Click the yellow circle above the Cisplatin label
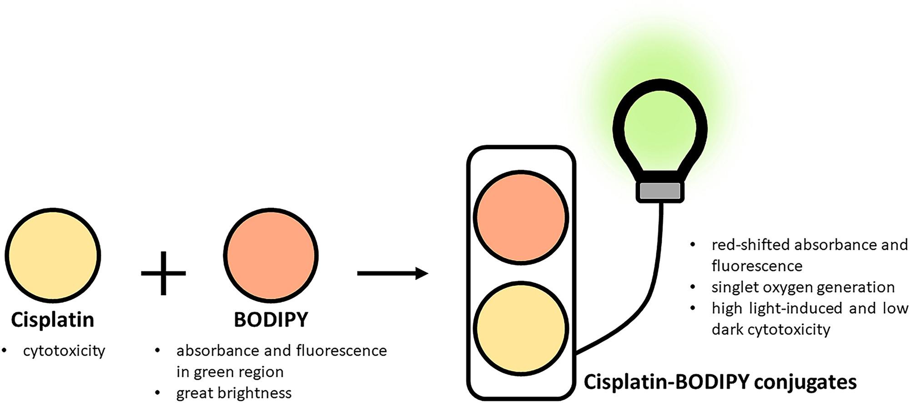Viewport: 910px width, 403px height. point(53,255)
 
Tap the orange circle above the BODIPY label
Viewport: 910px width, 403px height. point(271,255)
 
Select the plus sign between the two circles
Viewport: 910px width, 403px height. point(163,273)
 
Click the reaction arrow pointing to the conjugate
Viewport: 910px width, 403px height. point(392,273)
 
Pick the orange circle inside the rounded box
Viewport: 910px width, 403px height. point(521,217)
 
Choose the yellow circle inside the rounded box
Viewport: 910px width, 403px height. point(521,328)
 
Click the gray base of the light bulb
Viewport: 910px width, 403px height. point(660,191)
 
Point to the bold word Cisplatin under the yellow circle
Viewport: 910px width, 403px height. point(53,320)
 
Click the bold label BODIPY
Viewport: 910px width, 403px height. point(271,320)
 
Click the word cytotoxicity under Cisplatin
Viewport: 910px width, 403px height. point(64,351)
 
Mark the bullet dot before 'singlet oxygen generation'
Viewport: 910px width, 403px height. point(693,287)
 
